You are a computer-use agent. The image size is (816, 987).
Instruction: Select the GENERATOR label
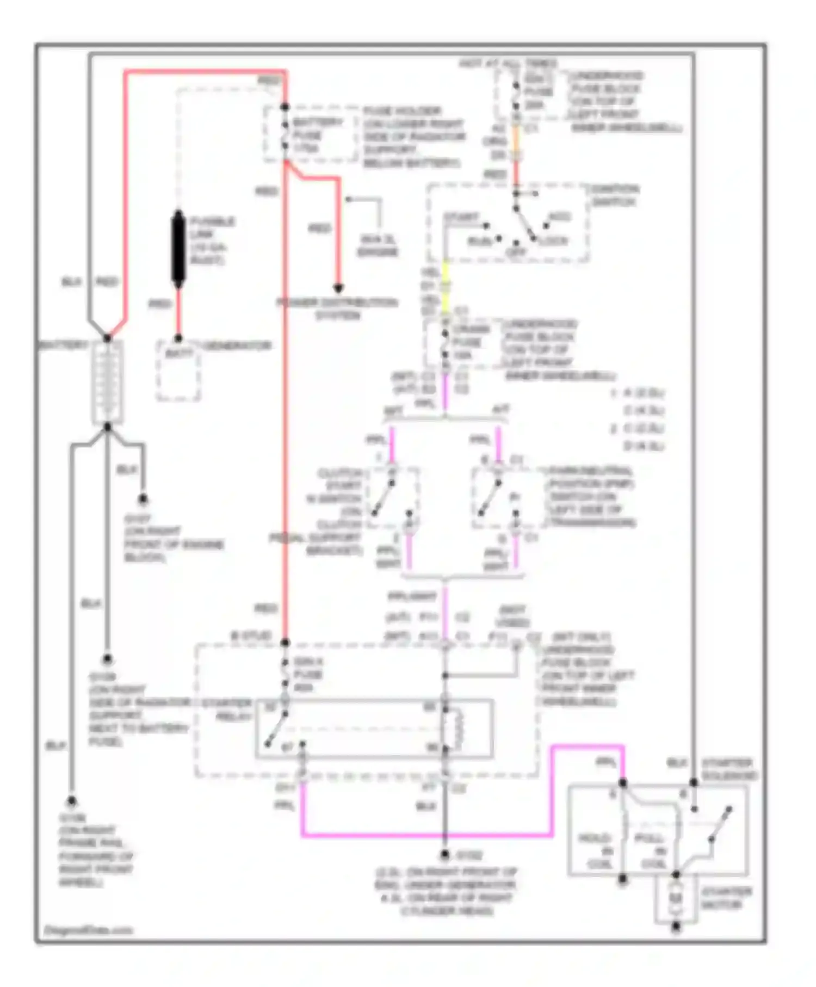click(x=237, y=346)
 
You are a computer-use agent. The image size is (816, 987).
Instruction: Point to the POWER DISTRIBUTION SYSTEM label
click(x=337, y=309)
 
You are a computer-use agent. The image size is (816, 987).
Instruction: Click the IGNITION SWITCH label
click(x=615, y=195)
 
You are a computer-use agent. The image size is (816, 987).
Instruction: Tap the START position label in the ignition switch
click(x=461, y=217)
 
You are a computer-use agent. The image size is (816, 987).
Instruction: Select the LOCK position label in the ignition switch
click(x=553, y=241)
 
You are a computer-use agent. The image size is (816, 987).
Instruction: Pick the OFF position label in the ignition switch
click(x=515, y=252)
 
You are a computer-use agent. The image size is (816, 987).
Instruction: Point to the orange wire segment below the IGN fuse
click(x=516, y=143)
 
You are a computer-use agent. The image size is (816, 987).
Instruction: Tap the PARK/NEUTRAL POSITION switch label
click(x=591, y=496)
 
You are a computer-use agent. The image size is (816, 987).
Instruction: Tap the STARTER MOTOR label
click(x=726, y=898)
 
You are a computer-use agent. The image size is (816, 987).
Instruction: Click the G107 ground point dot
click(x=143, y=498)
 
